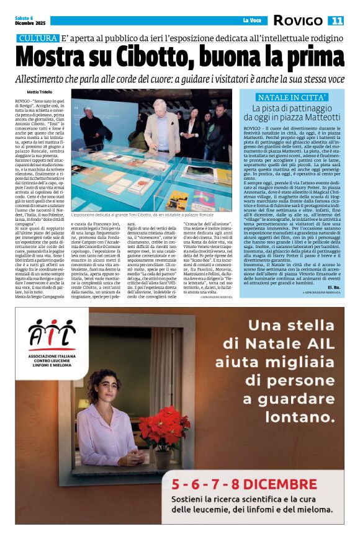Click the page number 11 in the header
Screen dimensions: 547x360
[x=336, y=21]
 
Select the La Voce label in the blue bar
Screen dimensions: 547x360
[x=251, y=21]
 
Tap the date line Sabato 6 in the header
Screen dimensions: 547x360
[x=24, y=17]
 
